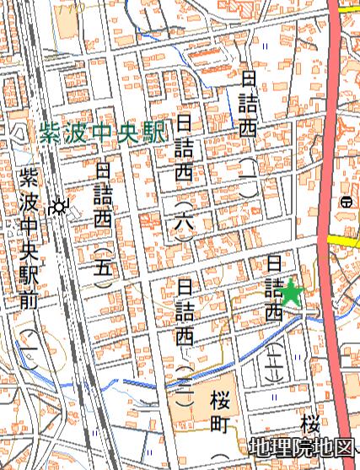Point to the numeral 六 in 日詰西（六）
click(185, 224)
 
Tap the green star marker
click(291, 293)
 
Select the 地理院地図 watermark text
click(302, 448)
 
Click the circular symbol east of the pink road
click(346, 202)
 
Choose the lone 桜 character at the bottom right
click(313, 422)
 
